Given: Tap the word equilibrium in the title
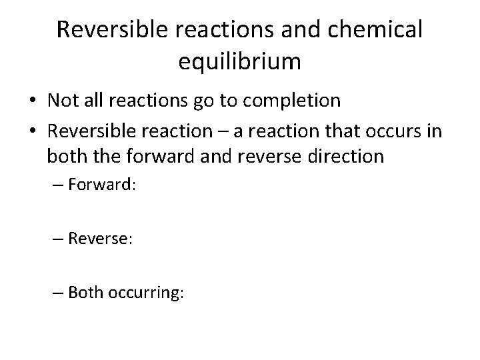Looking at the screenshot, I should click(x=240, y=61).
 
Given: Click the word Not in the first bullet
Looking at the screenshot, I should click(x=61, y=101).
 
